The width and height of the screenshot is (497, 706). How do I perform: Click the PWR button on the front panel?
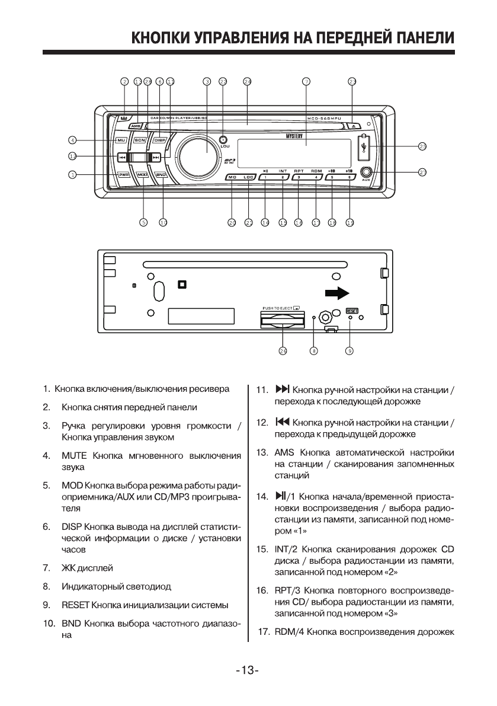(124, 175)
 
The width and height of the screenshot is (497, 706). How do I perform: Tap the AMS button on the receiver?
(136, 126)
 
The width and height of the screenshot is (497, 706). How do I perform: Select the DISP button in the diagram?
(159, 140)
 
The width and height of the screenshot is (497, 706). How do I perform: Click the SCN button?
(140, 140)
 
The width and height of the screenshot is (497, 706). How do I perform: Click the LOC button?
(249, 177)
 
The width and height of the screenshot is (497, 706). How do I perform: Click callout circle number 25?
(422, 145)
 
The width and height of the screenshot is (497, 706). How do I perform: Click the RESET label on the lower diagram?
(352, 310)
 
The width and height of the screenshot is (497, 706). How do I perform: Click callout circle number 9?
(350, 351)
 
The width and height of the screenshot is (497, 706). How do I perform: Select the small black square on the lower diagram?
(182, 285)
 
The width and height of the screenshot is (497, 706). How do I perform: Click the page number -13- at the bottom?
(248, 670)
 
